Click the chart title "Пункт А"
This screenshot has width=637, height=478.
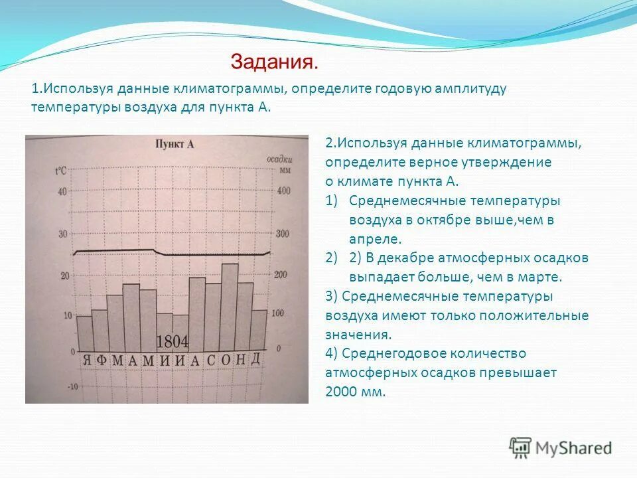click(175, 144)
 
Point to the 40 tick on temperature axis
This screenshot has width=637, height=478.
click(62, 192)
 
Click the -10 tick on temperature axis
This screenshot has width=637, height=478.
click(72, 386)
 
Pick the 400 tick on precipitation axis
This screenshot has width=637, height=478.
click(283, 191)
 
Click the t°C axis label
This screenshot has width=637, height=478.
click(60, 171)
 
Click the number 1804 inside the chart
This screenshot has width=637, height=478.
click(172, 342)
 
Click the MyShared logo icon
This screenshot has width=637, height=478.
click(520, 448)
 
